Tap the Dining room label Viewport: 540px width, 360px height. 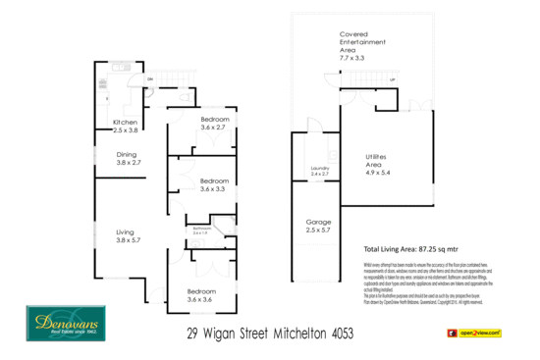pyautogui.click(x=128, y=154)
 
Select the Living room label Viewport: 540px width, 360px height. pyautogui.click(x=128, y=231)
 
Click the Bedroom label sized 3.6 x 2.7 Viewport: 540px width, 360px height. pyautogui.click(x=214, y=121)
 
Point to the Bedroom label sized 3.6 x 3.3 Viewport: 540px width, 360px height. pyautogui.click(x=214, y=181)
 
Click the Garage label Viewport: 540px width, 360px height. pyautogui.click(x=317, y=222)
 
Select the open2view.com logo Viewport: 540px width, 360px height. pyautogui.click(x=481, y=334)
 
